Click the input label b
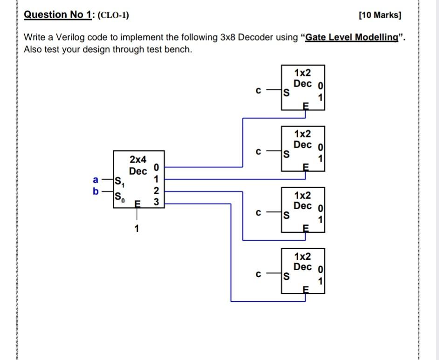tap(96, 191)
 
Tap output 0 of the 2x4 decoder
tap(156, 167)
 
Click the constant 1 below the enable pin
tap(137, 228)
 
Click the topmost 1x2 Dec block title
tap(302, 78)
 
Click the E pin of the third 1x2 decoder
tap(306, 228)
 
